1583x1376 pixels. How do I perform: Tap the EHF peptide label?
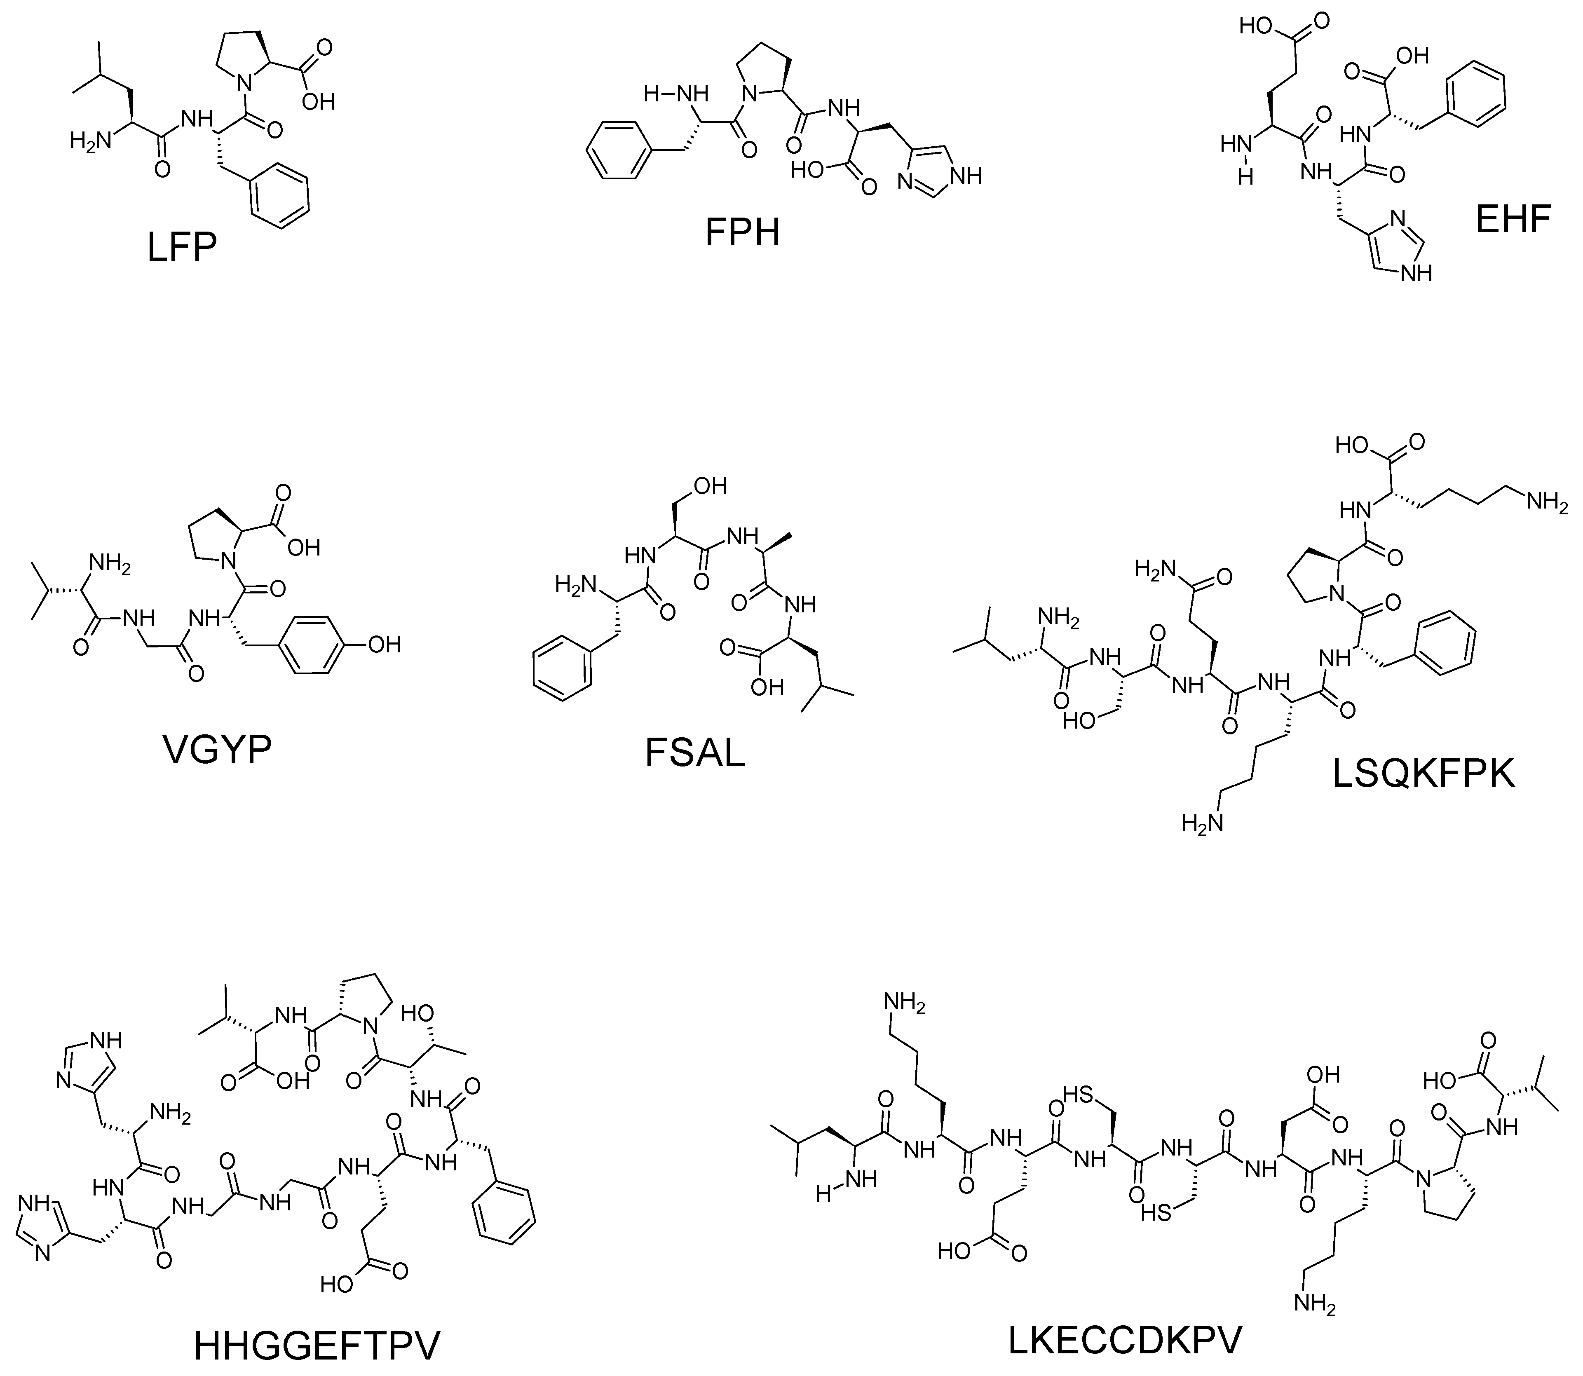(x=1513, y=219)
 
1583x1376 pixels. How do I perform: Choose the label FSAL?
(x=695, y=752)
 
